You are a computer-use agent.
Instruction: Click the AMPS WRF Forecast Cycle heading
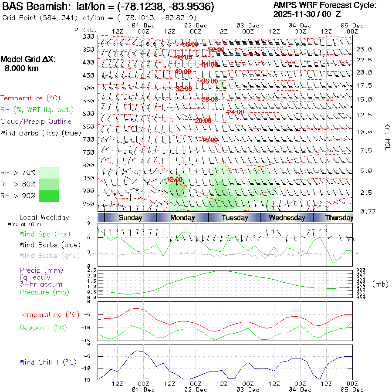(325, 5)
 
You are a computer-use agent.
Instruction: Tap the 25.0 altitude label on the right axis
(364, 49)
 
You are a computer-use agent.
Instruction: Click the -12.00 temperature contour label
(174, 179)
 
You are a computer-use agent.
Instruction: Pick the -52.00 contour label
(216, 50)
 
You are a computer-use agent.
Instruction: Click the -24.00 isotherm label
(235, 112)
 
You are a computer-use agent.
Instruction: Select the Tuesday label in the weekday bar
(235, 218)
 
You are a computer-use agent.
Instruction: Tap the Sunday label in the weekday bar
(130, 218)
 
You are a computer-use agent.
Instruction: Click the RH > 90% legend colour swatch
(48, 196)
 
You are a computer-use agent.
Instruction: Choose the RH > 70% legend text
(18, 172)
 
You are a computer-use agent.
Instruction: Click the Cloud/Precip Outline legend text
(36, 122)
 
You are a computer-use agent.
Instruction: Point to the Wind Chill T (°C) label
(48, 362)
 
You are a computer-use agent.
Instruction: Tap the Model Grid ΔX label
(28, 60)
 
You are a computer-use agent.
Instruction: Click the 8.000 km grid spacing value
(21, 68)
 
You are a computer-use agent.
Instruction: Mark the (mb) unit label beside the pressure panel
(380, 284)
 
